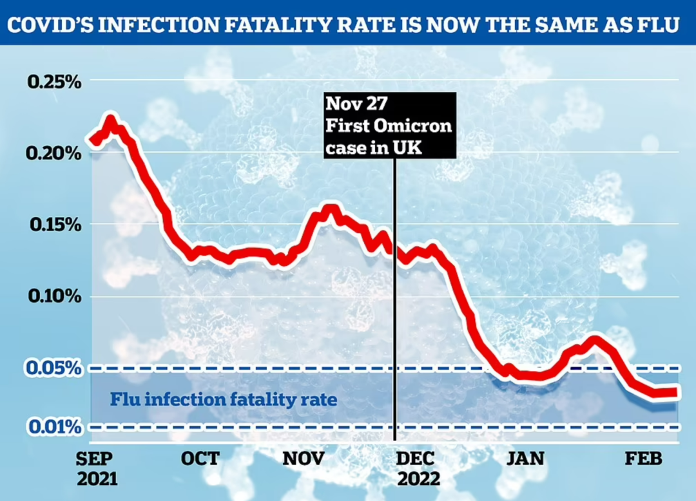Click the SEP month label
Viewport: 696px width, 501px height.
click(x=95, y=458)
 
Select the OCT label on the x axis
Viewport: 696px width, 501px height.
click(x=200, y=458)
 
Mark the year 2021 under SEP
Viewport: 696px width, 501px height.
click(x=96, y=479)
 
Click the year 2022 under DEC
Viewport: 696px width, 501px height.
click(x=418, y=479)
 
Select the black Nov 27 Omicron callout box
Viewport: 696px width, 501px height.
click(x=389, y=124)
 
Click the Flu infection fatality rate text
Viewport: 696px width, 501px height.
click(x=223, y=399)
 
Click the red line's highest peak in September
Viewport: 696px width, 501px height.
click(x=110, y=120)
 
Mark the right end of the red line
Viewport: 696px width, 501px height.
click(x=675, y=392)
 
